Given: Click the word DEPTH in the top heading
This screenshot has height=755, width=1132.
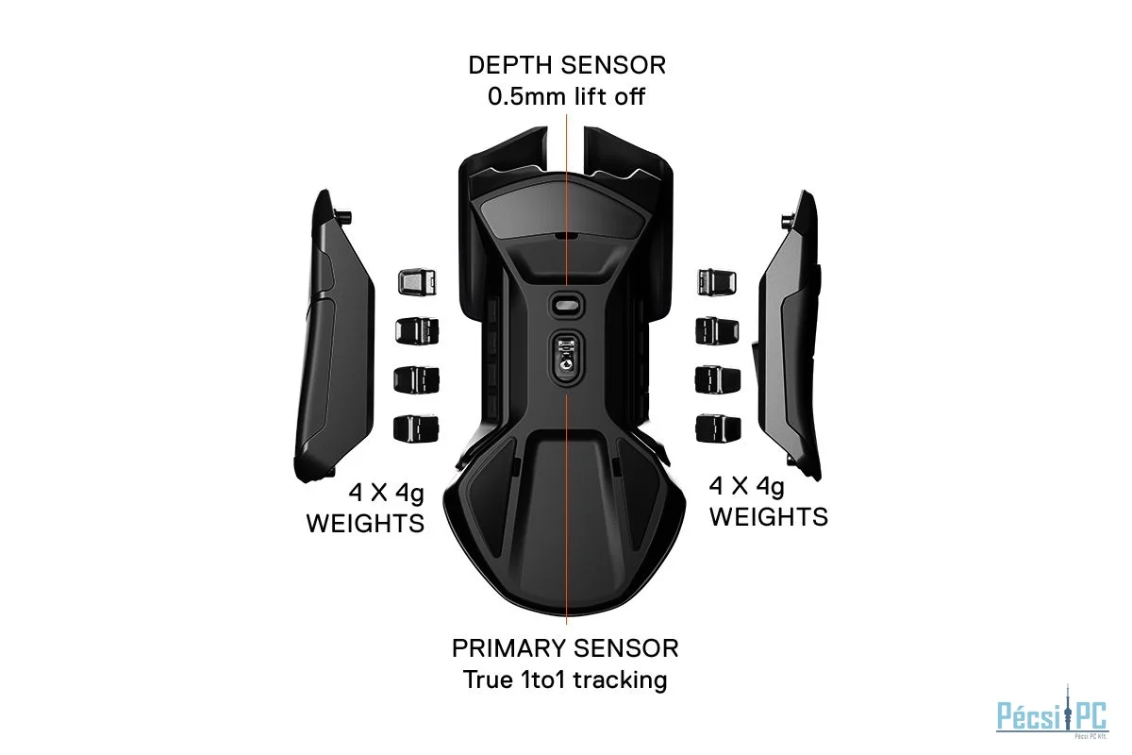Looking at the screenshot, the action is point(510,66).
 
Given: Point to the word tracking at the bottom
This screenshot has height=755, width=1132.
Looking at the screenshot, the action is point(620,680).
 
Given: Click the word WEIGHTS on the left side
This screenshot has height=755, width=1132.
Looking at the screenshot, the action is point(365,524).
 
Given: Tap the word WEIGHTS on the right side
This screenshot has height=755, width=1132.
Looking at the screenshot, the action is point(769,517).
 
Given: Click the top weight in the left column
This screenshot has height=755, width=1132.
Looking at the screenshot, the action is point(417,281).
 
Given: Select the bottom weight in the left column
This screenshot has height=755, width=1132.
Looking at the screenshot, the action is point(416,428).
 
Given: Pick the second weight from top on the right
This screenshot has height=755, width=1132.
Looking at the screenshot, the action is point(717,330).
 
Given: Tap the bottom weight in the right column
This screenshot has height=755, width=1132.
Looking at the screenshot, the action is point(718,428).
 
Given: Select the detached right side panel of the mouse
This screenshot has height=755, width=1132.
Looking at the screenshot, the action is point(788,335).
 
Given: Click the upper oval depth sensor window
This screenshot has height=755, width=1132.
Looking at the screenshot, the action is point(565,305).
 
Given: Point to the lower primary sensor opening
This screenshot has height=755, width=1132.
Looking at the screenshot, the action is point(566,357).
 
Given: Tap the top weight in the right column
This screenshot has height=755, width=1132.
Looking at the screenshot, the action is point(717,281).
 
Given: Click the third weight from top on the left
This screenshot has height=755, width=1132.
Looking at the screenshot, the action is point(416,379).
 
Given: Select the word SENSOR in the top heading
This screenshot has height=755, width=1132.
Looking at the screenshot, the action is point(613,66).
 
